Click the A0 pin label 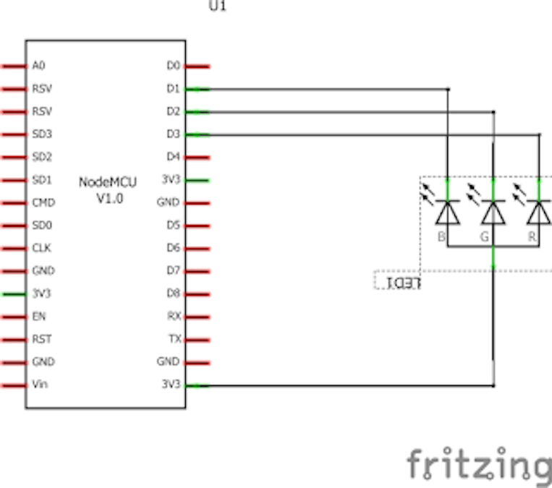coord(38,66)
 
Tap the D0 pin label coord(173,66)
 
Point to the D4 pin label coord(173,157)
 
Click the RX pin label coord(174,316)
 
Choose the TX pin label coord(174,338)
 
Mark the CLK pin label coord(41,248)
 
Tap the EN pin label coord(38,316)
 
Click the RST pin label coord(41,338)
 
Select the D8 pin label coord(173,294)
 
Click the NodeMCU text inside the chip coord(108,182)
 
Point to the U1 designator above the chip coord(217,8)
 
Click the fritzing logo coord(478,465)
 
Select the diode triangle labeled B coord(448,213)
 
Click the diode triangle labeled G coord(493,213)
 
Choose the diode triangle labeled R coord(538,213)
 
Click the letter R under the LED coord(532,236)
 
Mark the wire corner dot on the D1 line coord(448,89)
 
